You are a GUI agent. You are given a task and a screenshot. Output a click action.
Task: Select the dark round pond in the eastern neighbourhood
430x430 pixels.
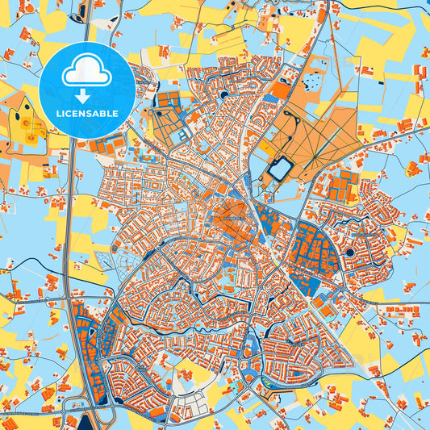click(350, 253)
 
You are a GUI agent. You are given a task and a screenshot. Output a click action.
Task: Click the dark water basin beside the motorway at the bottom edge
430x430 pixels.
click(72, 420)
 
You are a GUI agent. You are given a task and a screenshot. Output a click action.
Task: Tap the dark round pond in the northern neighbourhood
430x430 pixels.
click(223, 95)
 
